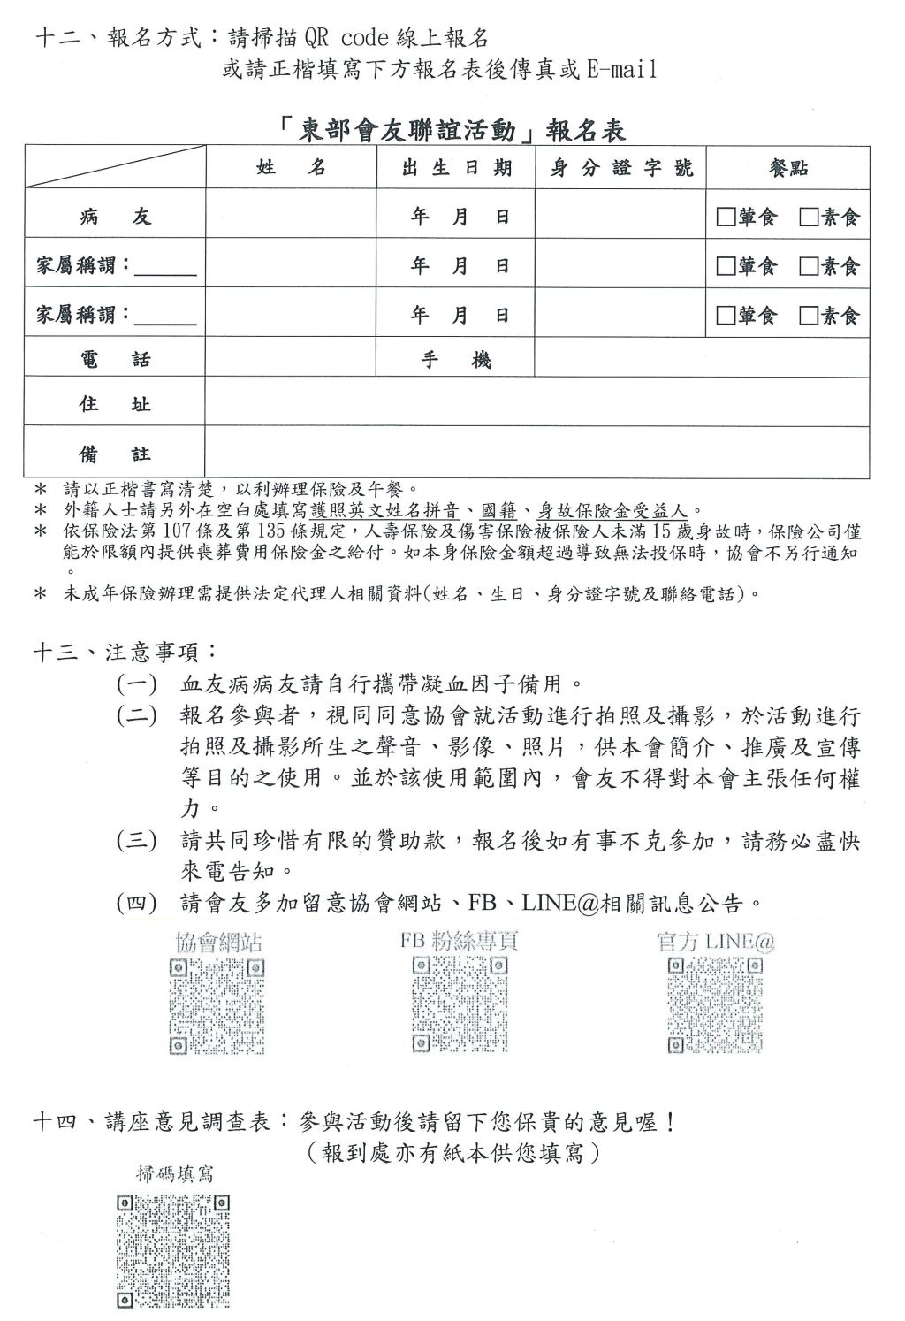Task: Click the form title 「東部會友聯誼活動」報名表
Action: click(452, 130)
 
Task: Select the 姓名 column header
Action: click(291, 168)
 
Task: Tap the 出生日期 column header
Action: click(456, 168)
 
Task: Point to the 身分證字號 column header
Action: click(621, 168)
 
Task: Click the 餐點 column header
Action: click(788, 168)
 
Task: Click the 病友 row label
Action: click(115, 217)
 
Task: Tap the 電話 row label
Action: click(115, 359)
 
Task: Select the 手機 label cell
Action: click(456, 359)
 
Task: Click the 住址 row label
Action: click(115, 405)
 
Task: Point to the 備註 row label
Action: click(115, 454)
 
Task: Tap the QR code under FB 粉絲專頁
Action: click(459, 1005)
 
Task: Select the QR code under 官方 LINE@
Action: click(714, 1006)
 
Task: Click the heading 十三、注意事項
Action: click(124, 652)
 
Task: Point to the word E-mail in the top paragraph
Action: click(622, 70)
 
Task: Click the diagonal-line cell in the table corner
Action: click(115, 168)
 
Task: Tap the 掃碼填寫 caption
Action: click(174, 1173)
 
